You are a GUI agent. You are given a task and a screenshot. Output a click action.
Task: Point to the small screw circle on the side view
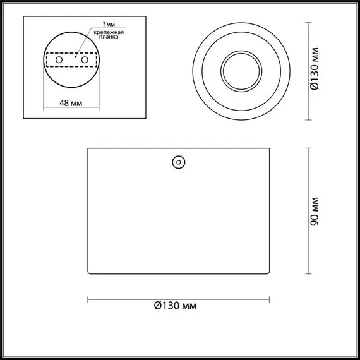click(178, 162)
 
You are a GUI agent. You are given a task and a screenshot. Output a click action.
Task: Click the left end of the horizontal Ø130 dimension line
click(87, 298)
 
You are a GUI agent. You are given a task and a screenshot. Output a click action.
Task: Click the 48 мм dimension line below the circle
click(70, 111)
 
